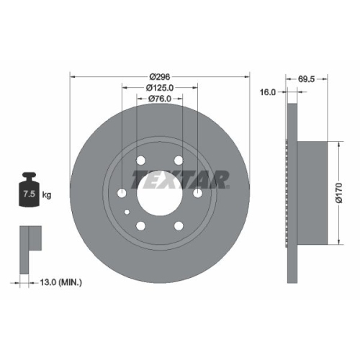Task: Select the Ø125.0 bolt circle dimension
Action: click(159, 89)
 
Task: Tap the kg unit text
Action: click(46, 195)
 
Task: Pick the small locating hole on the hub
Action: click(127, 212)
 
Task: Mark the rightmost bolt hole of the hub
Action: click(198, 194)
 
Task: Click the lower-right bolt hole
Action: click(179, 227)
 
